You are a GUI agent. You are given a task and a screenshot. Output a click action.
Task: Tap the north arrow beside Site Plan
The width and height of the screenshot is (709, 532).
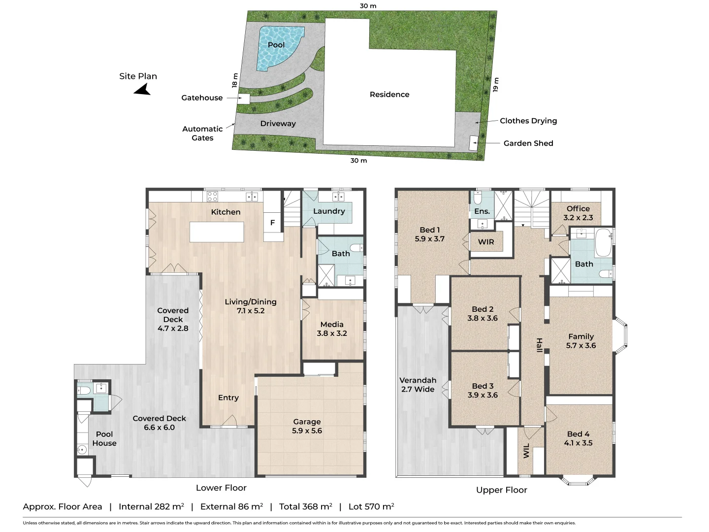[x=142, y=90]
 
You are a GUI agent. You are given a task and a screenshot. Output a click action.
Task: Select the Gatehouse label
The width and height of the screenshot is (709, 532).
[x=202, y=98]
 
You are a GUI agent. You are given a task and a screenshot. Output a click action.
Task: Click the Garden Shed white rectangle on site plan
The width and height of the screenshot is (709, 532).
[x=473, y=143]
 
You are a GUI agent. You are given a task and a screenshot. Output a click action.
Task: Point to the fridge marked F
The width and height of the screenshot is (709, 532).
[x=272, y=223]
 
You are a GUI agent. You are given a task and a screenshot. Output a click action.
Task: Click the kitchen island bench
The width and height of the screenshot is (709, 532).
[x=217, y=232]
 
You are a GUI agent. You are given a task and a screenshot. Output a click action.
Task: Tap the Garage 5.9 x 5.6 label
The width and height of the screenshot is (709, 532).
[x=307, y=426]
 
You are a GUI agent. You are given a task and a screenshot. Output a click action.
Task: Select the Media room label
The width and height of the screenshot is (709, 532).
[x=332, y=329]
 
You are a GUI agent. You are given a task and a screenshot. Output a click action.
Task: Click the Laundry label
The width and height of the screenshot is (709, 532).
[x=329, y=211]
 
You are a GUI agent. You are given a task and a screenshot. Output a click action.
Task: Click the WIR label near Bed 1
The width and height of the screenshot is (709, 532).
[x=486, y=242]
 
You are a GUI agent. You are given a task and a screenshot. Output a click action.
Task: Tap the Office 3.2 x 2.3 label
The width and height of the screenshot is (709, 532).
[x=578, y=213]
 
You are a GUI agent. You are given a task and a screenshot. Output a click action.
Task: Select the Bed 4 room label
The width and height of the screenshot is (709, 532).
[x=578, y=438]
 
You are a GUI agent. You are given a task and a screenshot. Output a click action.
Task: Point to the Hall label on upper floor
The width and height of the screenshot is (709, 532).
[x=539, y=345]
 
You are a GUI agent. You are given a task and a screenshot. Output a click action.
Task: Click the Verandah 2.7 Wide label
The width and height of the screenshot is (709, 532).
[x=418, y=385]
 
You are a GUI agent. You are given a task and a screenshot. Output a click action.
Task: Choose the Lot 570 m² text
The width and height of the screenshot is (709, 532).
[x=371, y=506]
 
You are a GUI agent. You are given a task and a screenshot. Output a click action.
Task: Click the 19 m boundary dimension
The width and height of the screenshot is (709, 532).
[x=496, y=85]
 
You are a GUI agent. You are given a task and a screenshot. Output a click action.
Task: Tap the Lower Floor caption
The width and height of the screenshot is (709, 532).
[x=221, y=488]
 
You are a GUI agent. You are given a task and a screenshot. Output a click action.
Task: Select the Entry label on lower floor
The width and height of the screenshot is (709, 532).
[x=228, y=398]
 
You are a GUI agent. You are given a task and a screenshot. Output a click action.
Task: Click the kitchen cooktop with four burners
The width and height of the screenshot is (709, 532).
[x=212, y=197]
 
